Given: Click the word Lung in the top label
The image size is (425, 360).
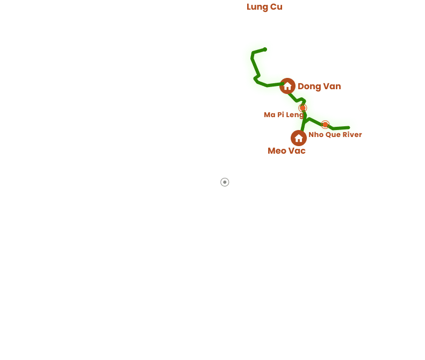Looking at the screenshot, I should (256, 7).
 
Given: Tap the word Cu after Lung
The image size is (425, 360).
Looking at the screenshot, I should (276, 7).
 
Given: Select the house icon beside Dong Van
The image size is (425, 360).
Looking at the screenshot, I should (287, 86).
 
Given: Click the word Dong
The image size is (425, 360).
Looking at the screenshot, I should (309, 87).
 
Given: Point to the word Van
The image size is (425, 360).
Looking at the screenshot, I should (332, 87).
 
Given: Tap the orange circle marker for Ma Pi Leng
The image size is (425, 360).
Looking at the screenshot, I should (302, 107).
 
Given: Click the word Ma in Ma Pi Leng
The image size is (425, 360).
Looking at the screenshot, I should (269, 114).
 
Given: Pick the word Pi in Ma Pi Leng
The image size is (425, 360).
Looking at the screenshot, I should (280, 114).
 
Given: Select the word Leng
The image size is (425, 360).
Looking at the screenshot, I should (295, 114).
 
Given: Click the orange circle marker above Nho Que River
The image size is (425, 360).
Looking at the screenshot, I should (325, 125).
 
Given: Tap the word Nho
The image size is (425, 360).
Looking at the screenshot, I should (316, 134).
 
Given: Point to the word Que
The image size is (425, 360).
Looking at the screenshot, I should (333, 134).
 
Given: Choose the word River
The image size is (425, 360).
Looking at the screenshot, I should (352, 134).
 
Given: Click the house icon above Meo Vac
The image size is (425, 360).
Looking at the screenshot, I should (299, 138).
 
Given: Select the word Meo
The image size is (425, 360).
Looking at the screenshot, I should (277, 150).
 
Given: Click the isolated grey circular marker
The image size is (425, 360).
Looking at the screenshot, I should (225, 182).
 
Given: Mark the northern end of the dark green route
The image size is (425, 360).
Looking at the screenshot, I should (265, 49).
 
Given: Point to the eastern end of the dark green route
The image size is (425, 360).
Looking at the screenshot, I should (349, 128).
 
